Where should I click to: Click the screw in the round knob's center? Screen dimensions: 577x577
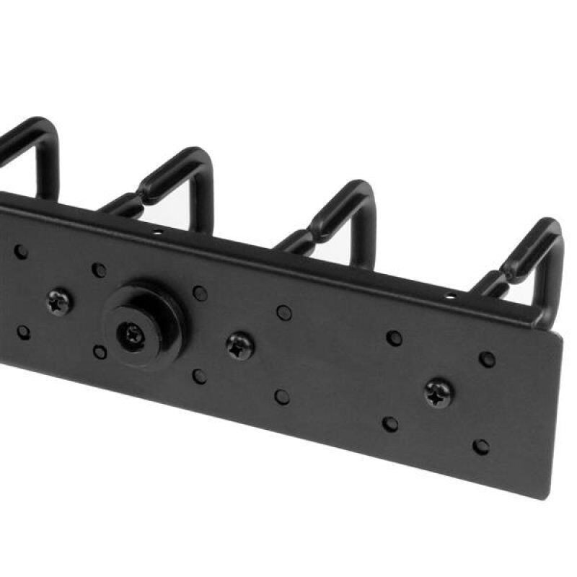133,334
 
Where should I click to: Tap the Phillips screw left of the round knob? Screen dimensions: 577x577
58,301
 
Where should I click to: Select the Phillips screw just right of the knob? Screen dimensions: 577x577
240,347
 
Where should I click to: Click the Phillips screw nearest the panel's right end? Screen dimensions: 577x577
439,394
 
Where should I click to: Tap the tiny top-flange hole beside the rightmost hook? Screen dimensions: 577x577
451,296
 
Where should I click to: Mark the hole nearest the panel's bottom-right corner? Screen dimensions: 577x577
480,446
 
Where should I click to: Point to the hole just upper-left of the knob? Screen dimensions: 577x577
99,270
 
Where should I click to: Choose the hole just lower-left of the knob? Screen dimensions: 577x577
100,352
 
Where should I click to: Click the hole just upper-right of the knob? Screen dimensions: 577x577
200,293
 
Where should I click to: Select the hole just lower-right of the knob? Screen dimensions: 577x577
199,376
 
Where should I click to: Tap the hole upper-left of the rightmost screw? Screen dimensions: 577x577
394,338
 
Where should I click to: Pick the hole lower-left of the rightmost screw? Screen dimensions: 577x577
390,423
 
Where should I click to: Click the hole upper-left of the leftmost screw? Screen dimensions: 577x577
21,252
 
